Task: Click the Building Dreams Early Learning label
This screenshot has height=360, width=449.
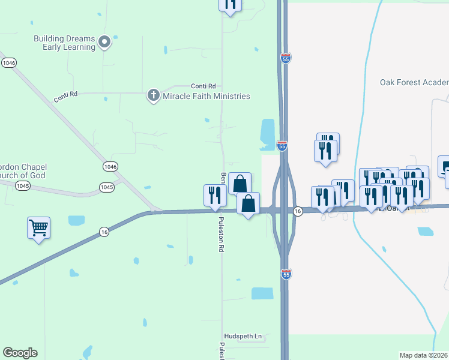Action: click(64, 43)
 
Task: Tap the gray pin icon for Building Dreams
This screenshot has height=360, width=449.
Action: click(104, 42)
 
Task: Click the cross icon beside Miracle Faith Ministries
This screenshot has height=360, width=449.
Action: click(153, 95)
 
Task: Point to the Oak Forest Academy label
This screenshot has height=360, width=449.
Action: click(414, 83)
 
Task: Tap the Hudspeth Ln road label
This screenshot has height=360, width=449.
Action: click(243, 337)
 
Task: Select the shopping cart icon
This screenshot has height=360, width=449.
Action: click(38, 227)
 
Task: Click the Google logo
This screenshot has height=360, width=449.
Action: click(20, 353)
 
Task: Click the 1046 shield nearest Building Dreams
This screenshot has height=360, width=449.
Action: click(8, 62)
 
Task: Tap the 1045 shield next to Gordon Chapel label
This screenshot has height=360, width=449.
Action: click(23, 186)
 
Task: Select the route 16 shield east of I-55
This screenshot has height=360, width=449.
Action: click(298, 211)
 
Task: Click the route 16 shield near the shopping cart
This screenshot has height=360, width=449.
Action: click(104, 232)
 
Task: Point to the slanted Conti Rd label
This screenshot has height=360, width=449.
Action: click(65, 94)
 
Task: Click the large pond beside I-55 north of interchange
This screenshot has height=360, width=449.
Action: click(267, 133)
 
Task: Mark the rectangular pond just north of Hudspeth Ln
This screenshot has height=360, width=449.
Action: click(262, 293)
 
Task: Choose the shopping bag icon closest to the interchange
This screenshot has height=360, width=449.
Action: click(248, 203)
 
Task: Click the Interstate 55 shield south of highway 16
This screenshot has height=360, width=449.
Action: click(286, 274)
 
